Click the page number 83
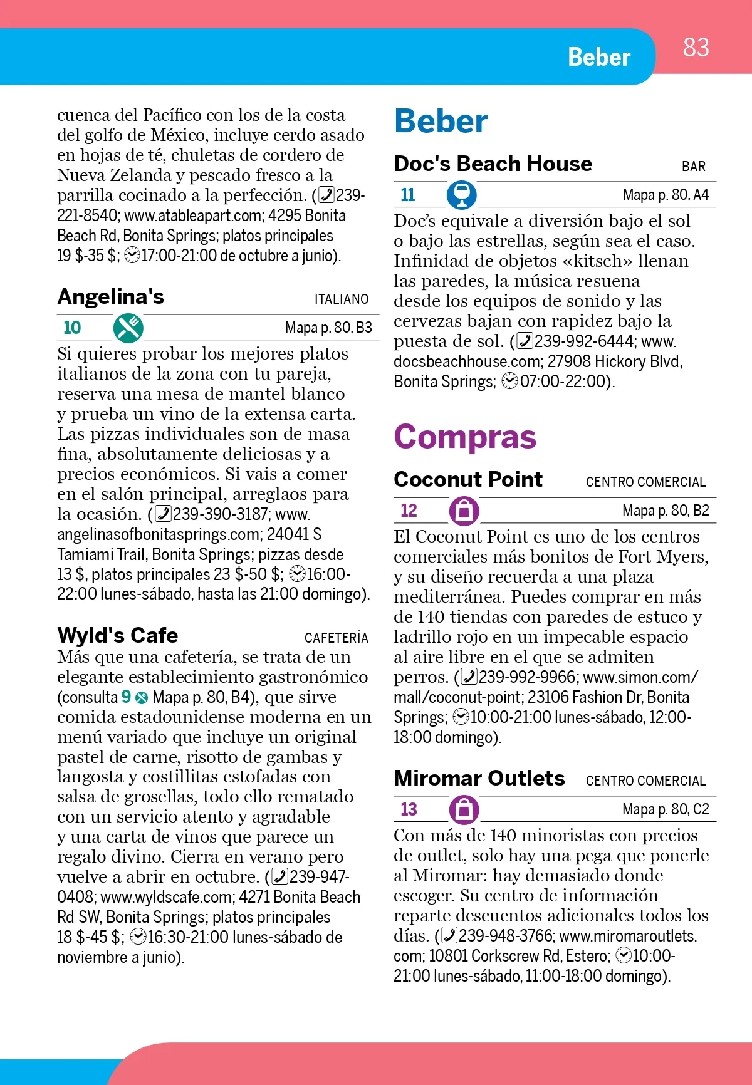coord(696,48)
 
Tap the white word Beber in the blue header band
coord(598,57)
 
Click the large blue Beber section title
coord(441,121)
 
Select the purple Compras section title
coord(465,437)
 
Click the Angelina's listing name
coord(110,296)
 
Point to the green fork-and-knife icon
coord(128,328)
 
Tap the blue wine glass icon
coord(462,195)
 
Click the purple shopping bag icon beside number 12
coord(464,511)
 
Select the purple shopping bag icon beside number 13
coord(464,809)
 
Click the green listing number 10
coord(72,328)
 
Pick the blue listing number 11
coord(408,195)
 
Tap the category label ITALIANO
coord(342,299)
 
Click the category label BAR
coord(694,167)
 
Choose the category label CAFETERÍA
coord(337,638)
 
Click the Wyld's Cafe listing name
coord(118,635)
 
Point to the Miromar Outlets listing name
coord(479,778)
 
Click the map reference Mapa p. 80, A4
coord(666,195)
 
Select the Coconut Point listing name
coord(468,479)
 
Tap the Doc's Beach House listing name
coord(493,164)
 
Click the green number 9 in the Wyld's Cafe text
coord(126,697)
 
